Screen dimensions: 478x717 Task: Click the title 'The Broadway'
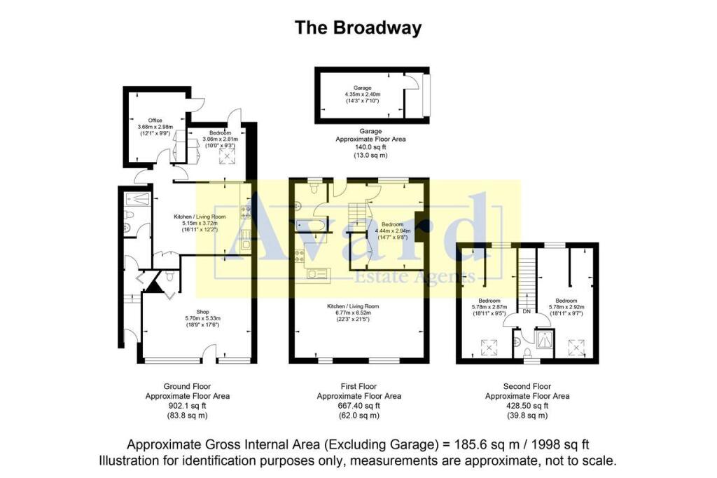[358, 27]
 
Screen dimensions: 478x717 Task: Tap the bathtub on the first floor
[309, 226]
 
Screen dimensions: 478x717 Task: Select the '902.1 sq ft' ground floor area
[187, 405]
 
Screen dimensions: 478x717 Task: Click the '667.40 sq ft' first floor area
[358, 405]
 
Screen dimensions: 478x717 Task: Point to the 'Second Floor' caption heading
[527, 386]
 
